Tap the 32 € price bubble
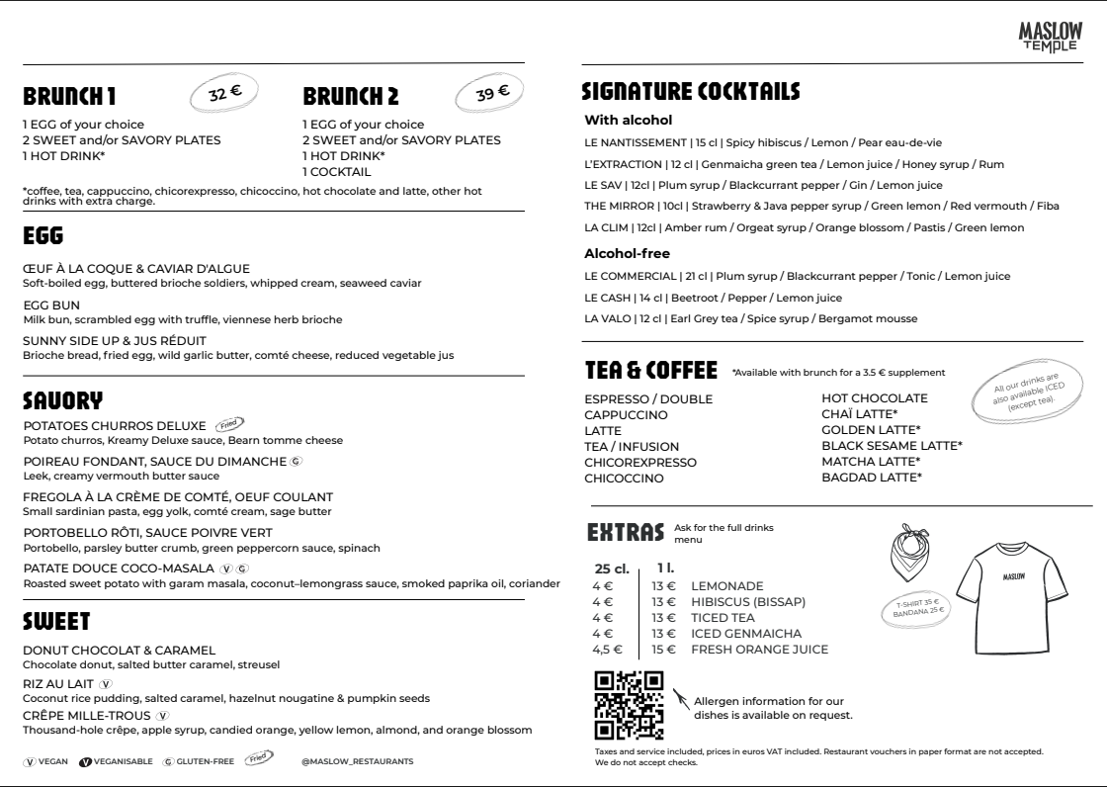224,94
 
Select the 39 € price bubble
492,94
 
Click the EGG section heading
43,237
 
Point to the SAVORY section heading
62,400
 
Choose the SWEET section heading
56,622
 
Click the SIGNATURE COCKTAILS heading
691,92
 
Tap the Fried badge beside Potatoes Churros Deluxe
230,425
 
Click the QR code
629,705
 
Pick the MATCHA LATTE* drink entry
871,462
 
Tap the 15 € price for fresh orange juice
663,650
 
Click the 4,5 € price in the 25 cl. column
607,650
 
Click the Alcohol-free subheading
628,253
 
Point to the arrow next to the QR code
681,699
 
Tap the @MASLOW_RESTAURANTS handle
358,761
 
